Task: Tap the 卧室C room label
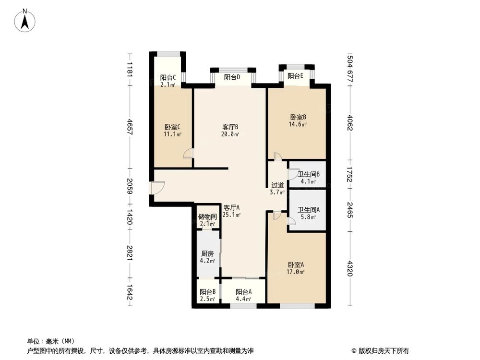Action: (x=172, y=131)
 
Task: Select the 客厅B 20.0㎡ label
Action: (x=230, y=131)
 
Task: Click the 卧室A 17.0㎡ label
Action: (x=296, y=268)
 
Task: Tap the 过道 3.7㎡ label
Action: (x=277, y=188)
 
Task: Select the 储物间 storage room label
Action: (x=207, y=220)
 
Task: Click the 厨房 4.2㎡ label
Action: (x=207, y=257)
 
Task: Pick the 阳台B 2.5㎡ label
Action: (x=207, y=295)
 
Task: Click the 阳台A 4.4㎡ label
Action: (x=243, y=295)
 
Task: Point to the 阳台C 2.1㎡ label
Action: (x=168, y=81)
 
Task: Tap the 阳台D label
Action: (x=232, y=77)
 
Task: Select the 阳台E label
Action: (x=295, y=76)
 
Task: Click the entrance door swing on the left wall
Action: (x=157, y=188)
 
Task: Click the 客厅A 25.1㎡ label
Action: (x=231, y=211)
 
